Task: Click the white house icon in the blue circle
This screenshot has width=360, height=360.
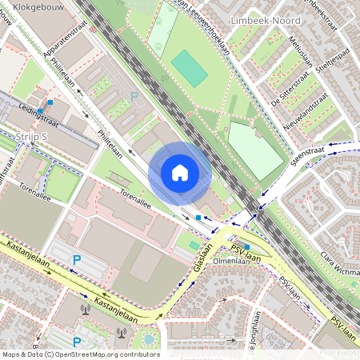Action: point(180,173)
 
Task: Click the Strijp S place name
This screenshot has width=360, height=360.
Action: point(32,138)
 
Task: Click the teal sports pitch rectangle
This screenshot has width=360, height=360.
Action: point(189,69)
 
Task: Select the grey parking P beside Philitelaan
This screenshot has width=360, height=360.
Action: point(134,96)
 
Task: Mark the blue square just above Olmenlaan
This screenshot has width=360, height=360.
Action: point(247,246)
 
